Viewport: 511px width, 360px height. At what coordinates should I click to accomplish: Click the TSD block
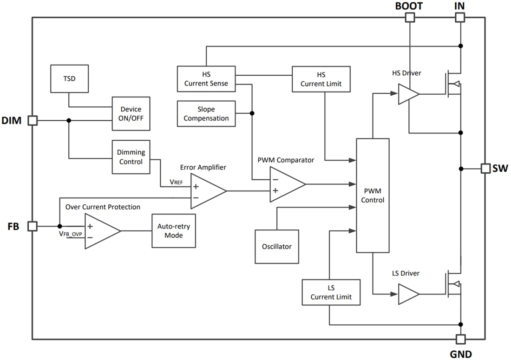point(69,79)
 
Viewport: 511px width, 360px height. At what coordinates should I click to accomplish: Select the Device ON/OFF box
point(131,114)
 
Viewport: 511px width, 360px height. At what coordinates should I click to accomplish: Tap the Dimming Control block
point(131,157)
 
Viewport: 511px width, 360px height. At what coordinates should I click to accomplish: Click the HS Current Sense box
point(206,79)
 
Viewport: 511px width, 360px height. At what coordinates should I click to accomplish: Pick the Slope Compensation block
point(206,114)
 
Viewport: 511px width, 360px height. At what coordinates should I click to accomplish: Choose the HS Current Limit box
point(321,79)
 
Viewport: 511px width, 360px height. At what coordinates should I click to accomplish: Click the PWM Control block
point(373,195)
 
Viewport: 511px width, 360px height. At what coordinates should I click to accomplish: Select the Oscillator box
point(276,246)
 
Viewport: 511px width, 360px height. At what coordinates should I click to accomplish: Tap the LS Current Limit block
point(331,292)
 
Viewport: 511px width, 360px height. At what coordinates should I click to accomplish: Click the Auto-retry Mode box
point(174,231)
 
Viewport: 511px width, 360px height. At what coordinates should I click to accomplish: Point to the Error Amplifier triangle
point(206,191)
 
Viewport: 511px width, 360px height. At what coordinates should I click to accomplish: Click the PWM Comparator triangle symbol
point(285,184)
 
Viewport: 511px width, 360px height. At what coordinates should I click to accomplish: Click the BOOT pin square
point(410,18)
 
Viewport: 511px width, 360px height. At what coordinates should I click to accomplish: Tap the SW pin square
point(485,168)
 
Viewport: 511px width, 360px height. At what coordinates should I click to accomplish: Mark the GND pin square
point(460,339)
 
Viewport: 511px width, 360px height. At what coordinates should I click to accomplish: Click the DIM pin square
point(33,120)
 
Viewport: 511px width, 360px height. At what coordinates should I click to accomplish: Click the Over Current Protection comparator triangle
point(100,231)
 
